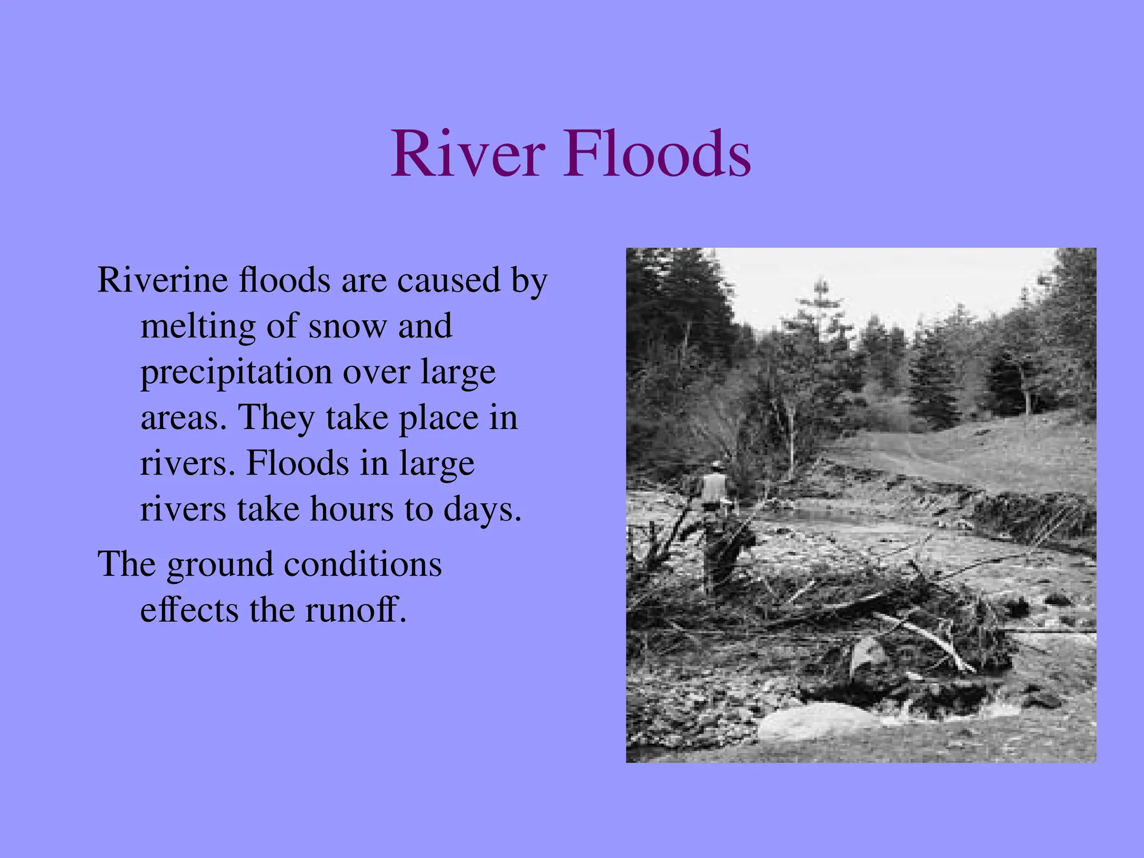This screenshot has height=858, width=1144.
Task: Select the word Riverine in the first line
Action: (x=163, y=280)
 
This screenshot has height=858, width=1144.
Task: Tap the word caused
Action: (x=448, y=280)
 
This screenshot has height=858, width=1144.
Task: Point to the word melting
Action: (x=198, y=327)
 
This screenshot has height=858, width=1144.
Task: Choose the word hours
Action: (x=351, y=509)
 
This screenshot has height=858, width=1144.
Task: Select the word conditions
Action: (x=363, y=564)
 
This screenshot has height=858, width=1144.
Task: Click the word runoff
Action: (x=355, y=610)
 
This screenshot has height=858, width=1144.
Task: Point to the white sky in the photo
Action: (x=894, y=285)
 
